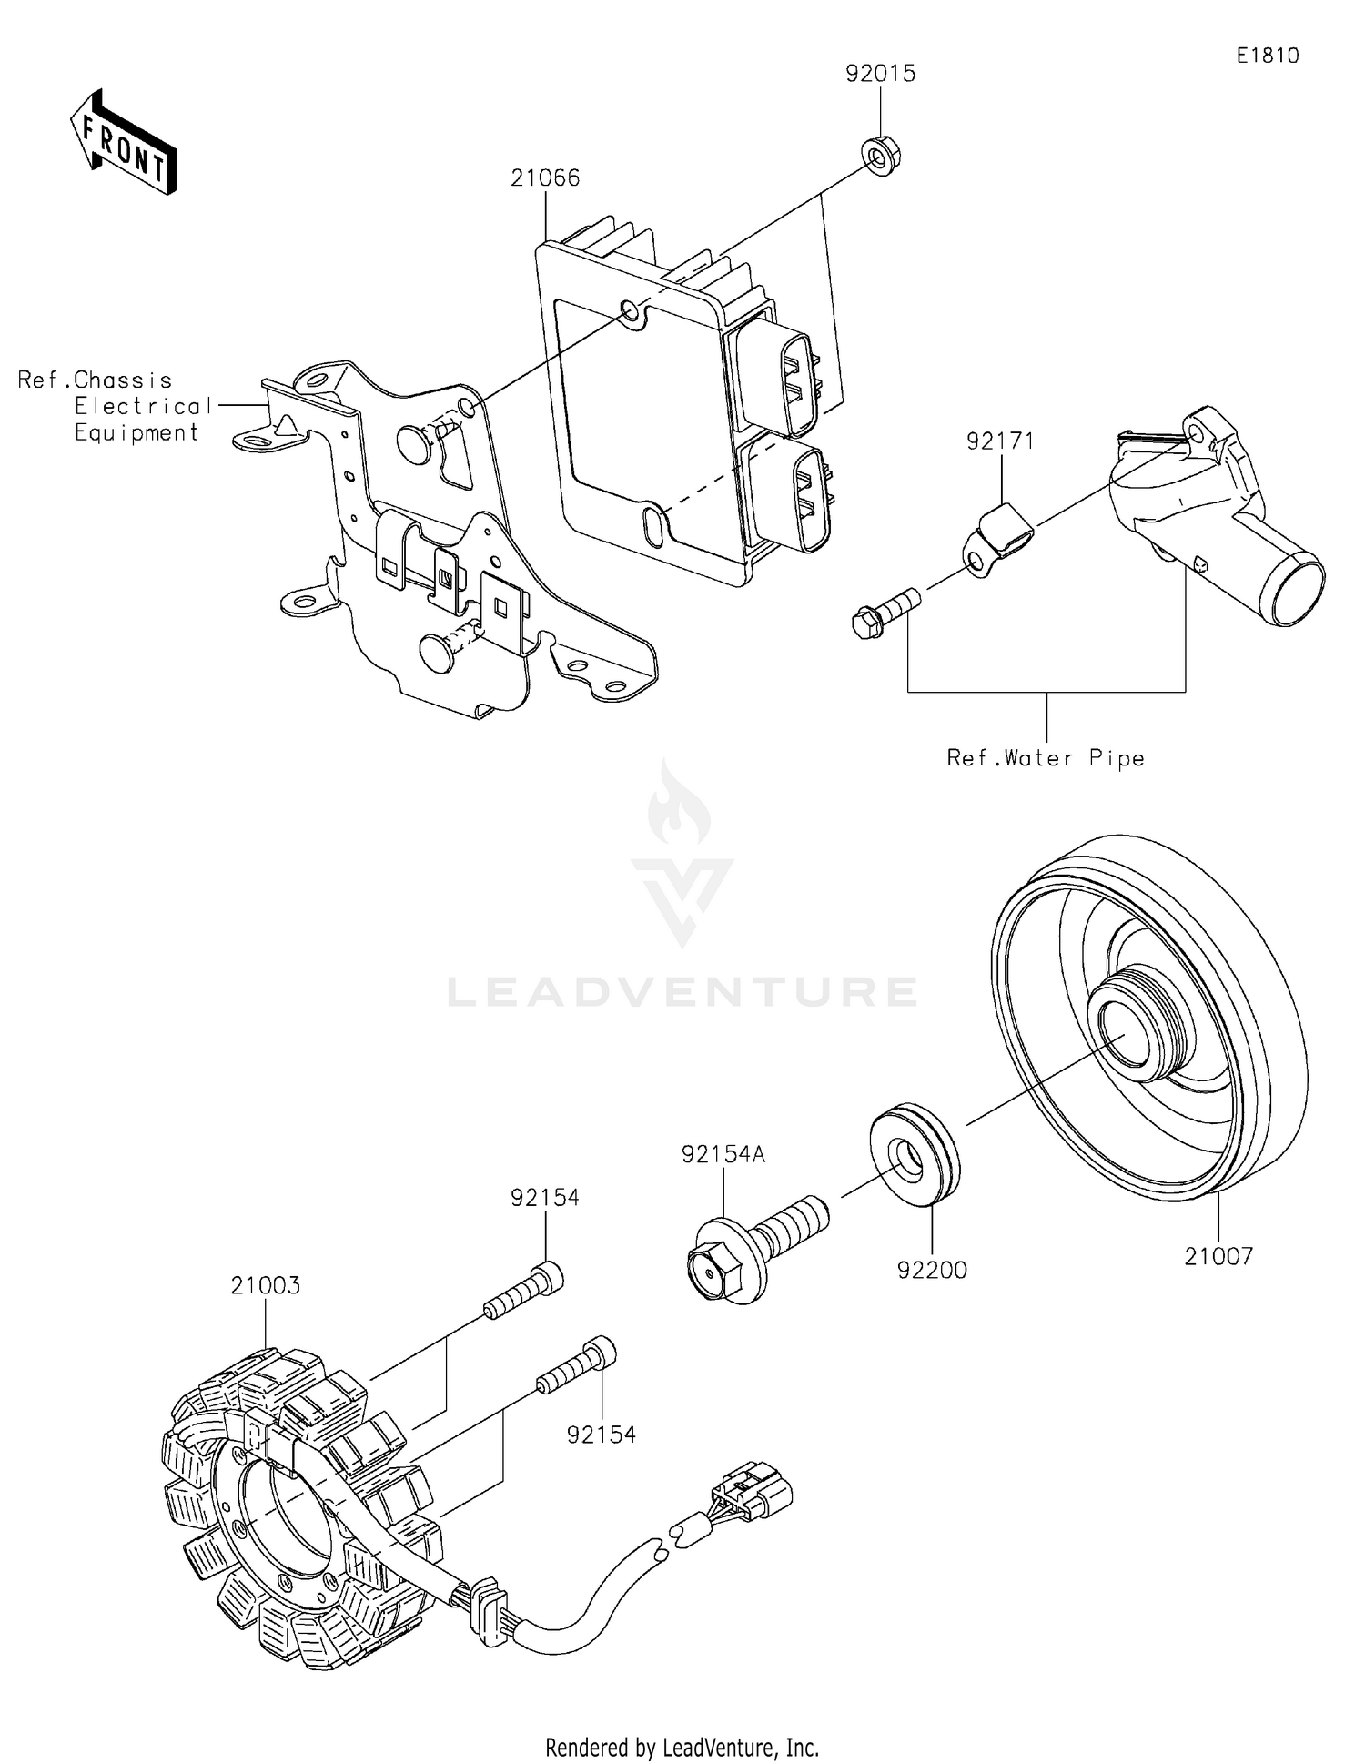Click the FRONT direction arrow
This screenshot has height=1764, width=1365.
click(123, 143)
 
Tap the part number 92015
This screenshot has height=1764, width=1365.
click(880, 74)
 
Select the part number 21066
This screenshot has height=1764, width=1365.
click(544, 177)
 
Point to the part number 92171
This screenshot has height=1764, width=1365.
click(1000, 441)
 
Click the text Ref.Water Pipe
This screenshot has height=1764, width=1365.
click(1046, 758)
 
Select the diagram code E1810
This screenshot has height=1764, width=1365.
click(1267, 56)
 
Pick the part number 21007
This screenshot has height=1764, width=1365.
click(1218, 1256)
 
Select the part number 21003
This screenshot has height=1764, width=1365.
click(265, 1285)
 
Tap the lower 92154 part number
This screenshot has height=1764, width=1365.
click(601, 1435)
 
